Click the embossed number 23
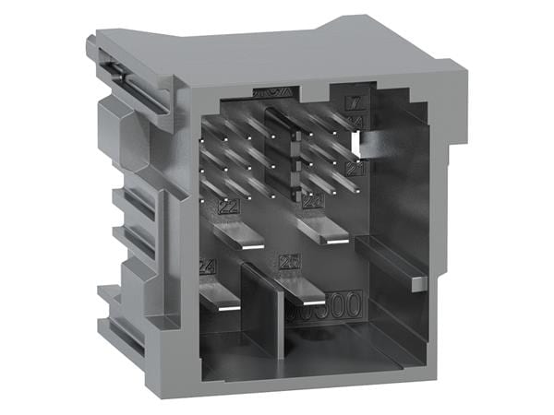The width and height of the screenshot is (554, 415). (x=312, y=202)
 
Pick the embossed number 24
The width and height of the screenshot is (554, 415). (x=207, y=267)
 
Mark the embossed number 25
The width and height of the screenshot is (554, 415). (x=288, y=262)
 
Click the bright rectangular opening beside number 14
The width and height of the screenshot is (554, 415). (x=356, y=142)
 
